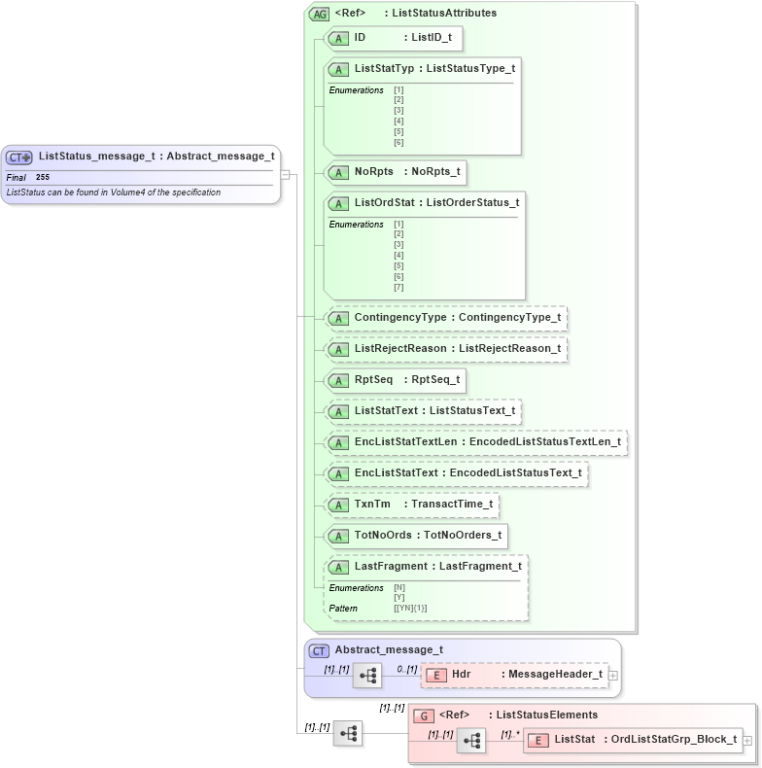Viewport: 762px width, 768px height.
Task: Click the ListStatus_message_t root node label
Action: (x=156, y=156)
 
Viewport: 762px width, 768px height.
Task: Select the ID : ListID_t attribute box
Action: (x=393, y=38)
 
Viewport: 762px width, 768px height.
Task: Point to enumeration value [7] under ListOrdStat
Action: (x=398, y=288)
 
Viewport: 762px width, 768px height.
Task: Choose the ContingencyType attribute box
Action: (x=446, y=318)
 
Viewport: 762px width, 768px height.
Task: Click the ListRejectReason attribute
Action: (x=446, y=349)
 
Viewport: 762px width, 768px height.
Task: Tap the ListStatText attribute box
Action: (x=424, y=411)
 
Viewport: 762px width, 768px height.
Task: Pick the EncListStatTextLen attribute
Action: (x=476, y=442)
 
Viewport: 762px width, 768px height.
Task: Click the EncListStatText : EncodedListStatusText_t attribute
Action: (x=457, y=473)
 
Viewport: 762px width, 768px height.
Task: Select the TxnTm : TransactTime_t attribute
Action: (x=414, y=505)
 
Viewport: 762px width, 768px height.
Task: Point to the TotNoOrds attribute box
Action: (x=417, y=536)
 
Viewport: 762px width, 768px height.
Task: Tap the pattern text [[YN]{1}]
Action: (x=410, y=609)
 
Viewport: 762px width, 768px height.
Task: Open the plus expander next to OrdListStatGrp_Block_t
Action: (x=747, y=741)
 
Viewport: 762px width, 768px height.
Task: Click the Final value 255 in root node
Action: (x=43, y=178)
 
